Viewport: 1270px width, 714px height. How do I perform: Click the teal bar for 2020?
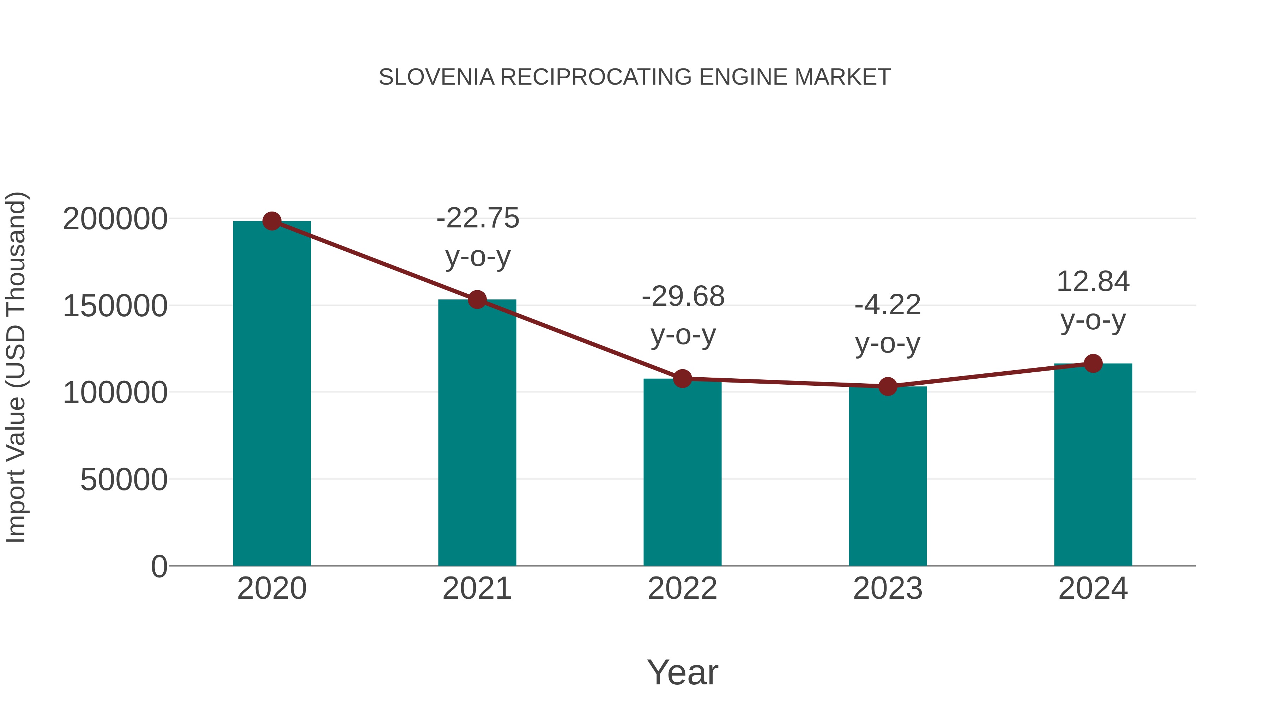coord(272,394)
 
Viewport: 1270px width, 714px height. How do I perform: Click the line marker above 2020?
coord(272,221)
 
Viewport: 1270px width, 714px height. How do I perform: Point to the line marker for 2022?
coord(682,378)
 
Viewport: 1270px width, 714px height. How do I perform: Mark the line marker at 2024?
coord(1093,364)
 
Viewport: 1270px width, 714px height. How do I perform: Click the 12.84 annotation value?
coord(1093,282)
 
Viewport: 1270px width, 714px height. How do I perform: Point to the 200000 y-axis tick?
coord(115,219)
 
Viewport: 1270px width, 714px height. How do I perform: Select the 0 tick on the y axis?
coord(159,566)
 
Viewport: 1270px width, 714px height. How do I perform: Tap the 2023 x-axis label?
coord(888,588)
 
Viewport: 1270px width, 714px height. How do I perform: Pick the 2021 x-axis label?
coord(477,588)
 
